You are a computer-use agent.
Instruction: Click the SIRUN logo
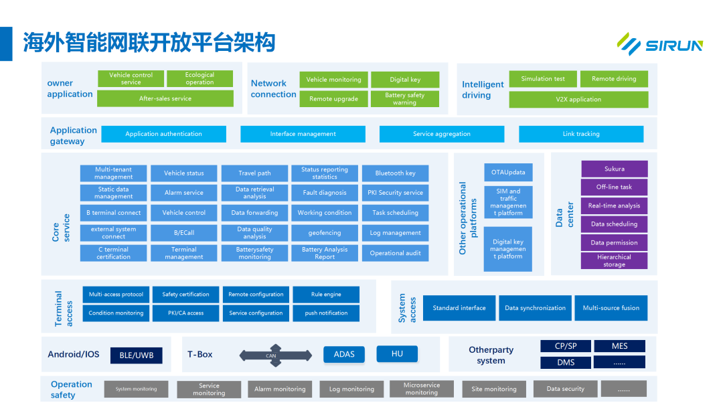tap(659, 44)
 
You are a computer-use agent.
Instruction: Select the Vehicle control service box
tap(131, 79)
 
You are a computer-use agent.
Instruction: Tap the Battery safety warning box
tap(404, 99)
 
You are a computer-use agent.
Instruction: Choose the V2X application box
tap(578, 100)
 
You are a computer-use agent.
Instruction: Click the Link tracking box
tap(580, 134)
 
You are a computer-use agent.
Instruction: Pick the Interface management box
tap(303, 134)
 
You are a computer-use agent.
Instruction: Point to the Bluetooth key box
tap(395, 173)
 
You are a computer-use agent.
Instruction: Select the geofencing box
tap(325, 233)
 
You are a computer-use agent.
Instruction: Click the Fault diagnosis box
tap(325, 193)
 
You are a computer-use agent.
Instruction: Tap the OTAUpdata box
tap(508, 173)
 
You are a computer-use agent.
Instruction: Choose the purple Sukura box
tap(614, 169)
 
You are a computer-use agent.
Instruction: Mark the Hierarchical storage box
tap(614, 261)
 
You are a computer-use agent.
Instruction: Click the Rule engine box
tap(326, 295)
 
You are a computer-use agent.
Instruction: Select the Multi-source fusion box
tap(611, 308)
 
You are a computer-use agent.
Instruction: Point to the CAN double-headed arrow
tap(271, 355)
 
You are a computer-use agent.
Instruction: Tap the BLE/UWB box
tap(137, 355)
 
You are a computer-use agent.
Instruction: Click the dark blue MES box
tap(619, 346)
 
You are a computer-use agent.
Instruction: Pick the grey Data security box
tap(565, 389)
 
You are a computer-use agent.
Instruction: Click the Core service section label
tap(61, 228)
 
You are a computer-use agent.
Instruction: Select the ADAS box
tap(344, 355)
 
